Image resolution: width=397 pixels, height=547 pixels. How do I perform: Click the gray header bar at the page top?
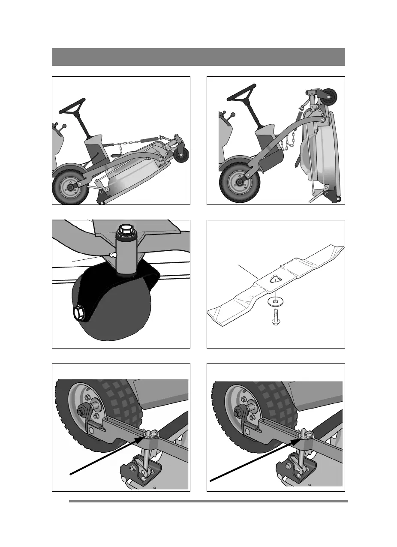[x=198, y=57]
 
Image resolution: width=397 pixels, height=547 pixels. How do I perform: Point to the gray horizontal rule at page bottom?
[x=208, y=501]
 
